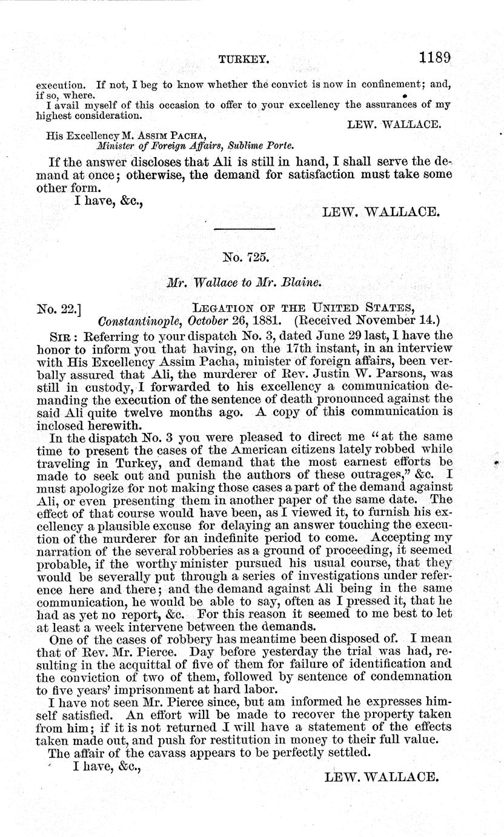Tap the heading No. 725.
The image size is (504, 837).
click(245, 257)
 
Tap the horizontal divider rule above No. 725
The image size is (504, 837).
click(245, 228)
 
